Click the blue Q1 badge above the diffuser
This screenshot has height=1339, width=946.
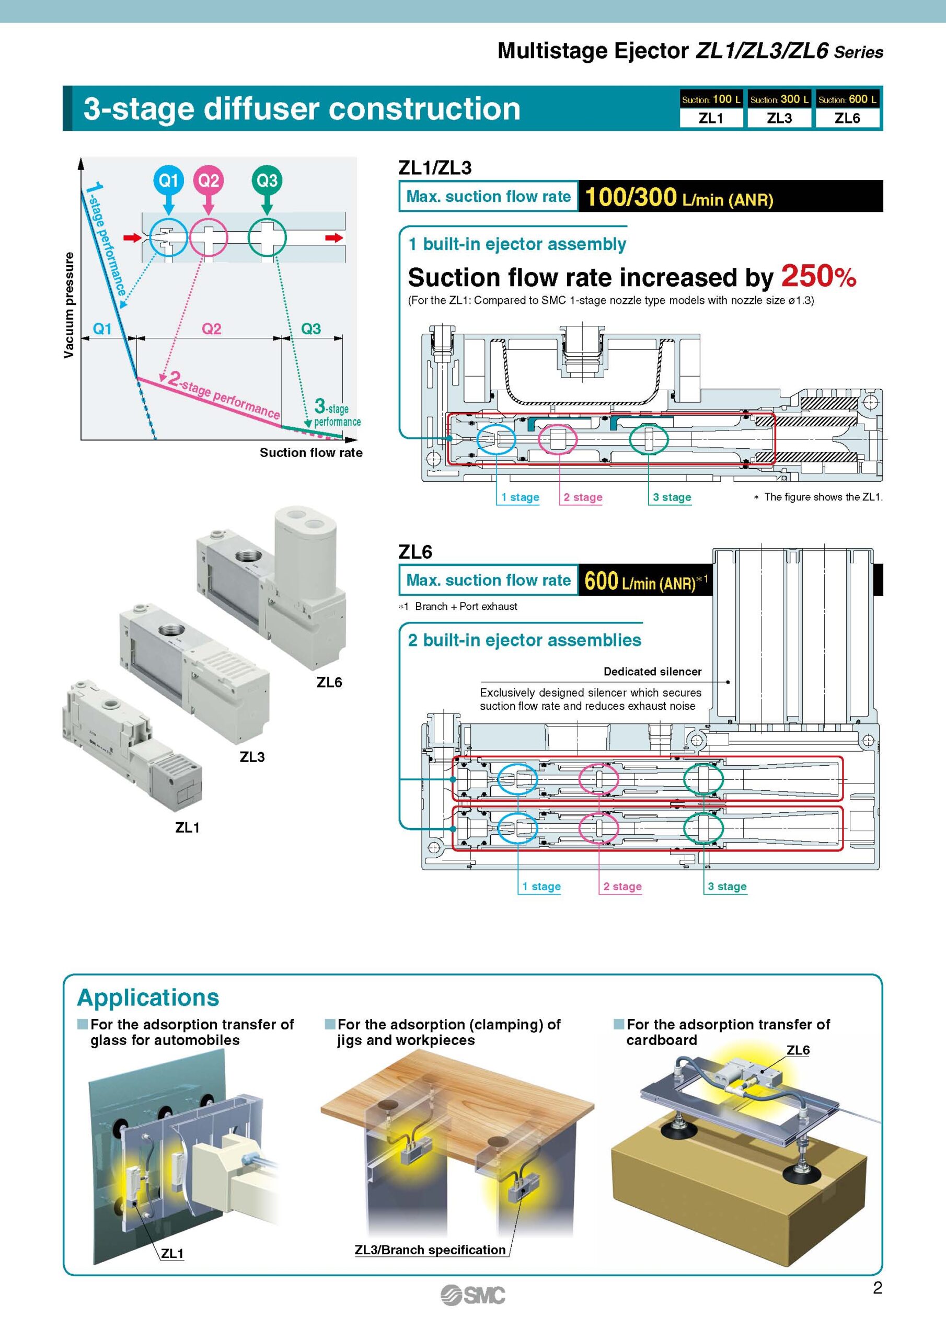click(x=168, y=180)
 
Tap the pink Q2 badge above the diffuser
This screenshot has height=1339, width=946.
click(x=209, y=180)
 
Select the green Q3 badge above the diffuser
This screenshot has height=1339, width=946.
click(x=267, y=180)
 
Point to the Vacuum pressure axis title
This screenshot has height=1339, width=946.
click(x=69, y=305)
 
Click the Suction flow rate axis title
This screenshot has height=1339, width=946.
click(x=310, y=452)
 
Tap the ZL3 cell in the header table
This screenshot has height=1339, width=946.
click(x=779, y=118)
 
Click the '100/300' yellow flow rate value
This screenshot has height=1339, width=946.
click(x=631, y=197)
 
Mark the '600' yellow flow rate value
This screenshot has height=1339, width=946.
click(x=601, y=581)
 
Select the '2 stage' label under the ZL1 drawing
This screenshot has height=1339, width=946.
click(x=582, y=497)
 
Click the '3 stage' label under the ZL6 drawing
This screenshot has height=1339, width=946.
click(x=727, y=887)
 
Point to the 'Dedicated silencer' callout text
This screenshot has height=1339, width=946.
click(x=652, y=671)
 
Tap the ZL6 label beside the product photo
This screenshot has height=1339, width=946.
click(x=329, y=683)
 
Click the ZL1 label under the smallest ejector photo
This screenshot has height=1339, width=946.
click(x=187, y=827)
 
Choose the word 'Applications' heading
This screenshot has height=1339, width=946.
click(x=148, y=997)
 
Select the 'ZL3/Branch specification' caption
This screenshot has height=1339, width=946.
click(x=430, y=1250)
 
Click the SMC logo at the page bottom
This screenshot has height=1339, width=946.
click(x=472, y=1295)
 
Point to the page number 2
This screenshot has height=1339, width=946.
click(x=877, y=1288)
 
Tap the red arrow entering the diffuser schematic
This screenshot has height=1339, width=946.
click(x=132, y=237)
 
